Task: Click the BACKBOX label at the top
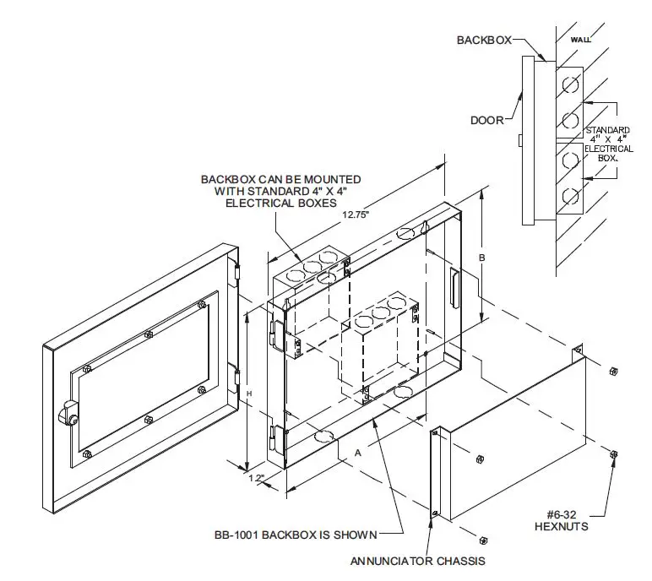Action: coord(484,40)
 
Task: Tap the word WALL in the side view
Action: coord(581,39)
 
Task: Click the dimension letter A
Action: coord(358,453)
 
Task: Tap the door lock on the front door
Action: coord(67,414)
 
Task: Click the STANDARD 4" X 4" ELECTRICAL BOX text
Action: coord(608,144)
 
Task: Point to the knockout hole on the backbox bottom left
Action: coord(324,436)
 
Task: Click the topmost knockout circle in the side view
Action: coord(570,83)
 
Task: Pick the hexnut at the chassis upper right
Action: coord(614,370)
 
